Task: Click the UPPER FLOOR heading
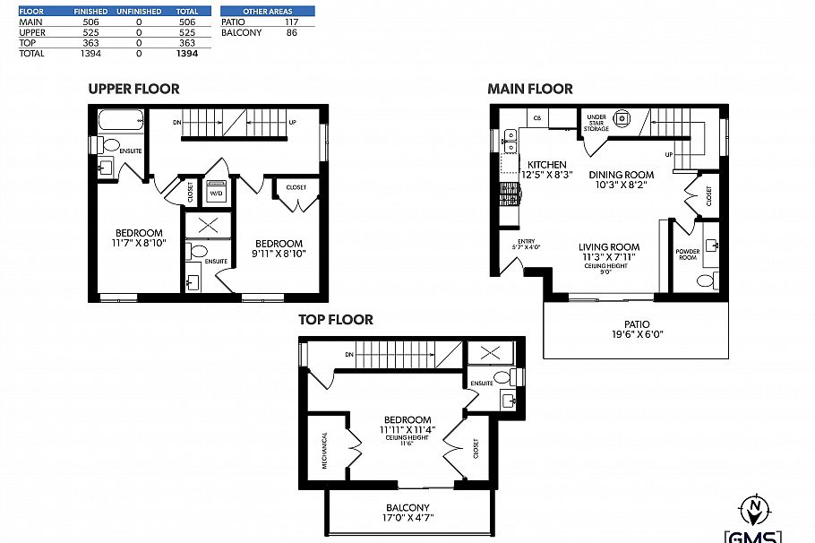tap(133, 89)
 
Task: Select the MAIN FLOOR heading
tap(529, 89)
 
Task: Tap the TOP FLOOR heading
tap(335, 320)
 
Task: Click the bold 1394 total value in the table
tap(185, 54)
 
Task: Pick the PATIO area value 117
tap(292, 22)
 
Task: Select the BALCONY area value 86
tap(292, 32)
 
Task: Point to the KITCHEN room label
tap(546, 165)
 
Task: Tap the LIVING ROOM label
tap(608, 247)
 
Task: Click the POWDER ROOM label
tap(688, 254)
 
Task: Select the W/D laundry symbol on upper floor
tap(216, 193)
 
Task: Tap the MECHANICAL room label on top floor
tap(324, 451)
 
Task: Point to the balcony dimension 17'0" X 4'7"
tap(407, 517)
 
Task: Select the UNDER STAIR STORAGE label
tap(596, 123)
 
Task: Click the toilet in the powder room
tap(705, 280)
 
